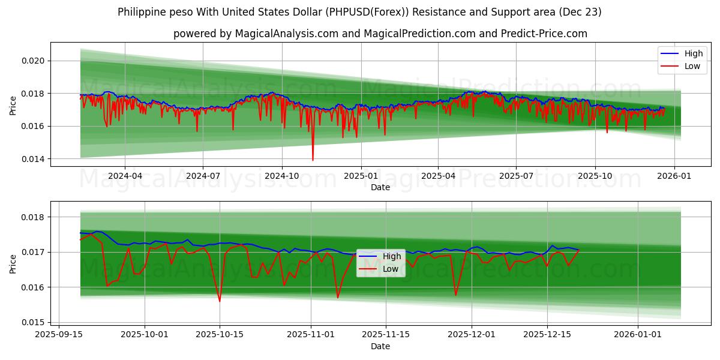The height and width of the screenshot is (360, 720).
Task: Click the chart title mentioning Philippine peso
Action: coord(359,12)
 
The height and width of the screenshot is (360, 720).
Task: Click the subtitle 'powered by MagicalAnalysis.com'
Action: coord(380,34)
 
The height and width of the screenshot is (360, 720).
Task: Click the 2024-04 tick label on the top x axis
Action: coord(125,175)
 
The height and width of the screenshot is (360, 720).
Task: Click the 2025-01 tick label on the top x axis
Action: coord(361,175)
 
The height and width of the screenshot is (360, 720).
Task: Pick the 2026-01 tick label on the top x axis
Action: coord(674,175)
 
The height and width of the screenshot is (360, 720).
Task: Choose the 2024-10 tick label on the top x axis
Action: coord(282,175)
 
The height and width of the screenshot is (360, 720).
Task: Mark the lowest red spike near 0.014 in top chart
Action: coord(313,160)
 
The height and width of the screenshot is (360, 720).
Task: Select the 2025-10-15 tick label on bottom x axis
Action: coord(220,334)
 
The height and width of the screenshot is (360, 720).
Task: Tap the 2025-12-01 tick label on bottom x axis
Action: coord(471,334)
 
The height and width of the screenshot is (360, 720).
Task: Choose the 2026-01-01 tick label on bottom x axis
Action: coord(637,334)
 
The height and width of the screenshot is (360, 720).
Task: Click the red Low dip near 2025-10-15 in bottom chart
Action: coord(220,301)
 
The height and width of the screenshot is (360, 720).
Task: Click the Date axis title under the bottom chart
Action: coord(380,346)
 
